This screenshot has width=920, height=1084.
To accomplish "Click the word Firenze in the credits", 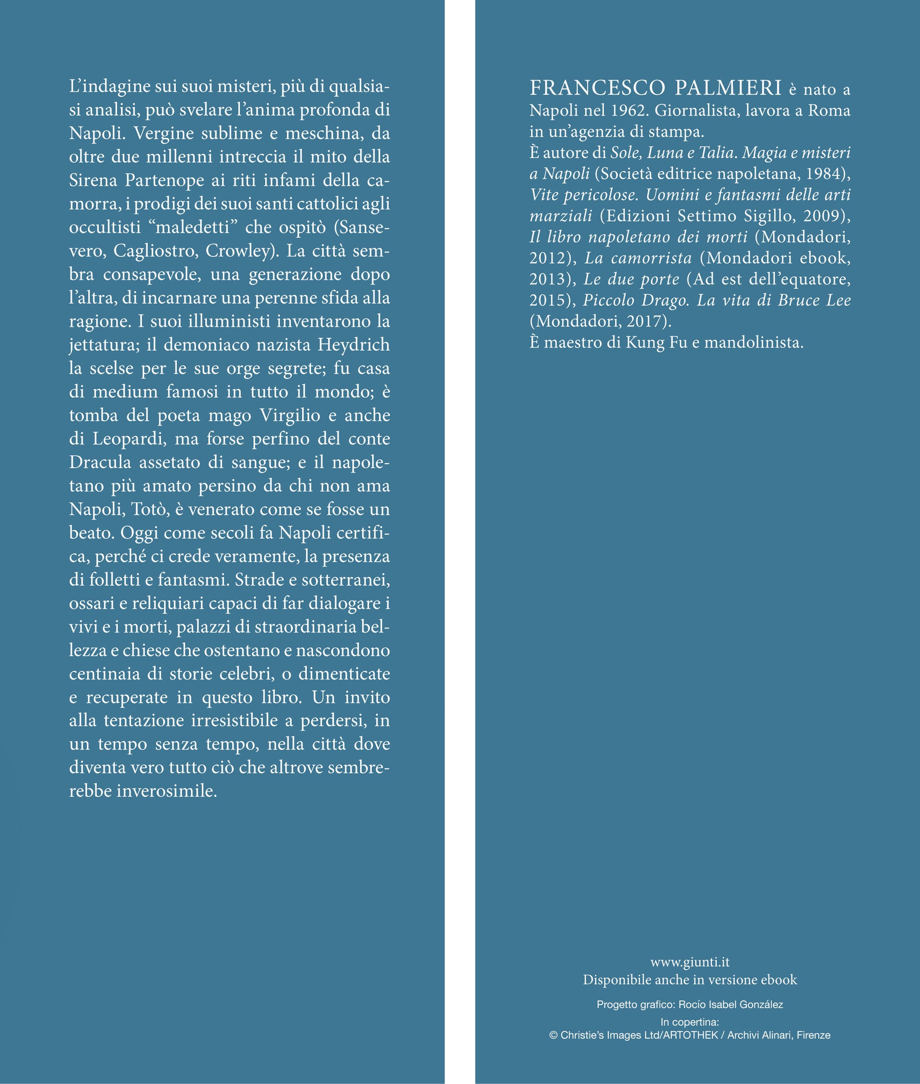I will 813,1035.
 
